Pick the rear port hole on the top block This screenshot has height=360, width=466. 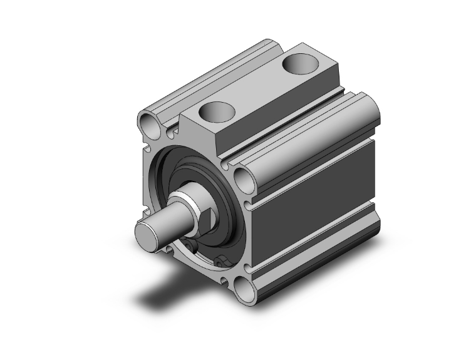click(x=299, y=64)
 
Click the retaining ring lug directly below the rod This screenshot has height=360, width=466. click(x=190, y=245)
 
